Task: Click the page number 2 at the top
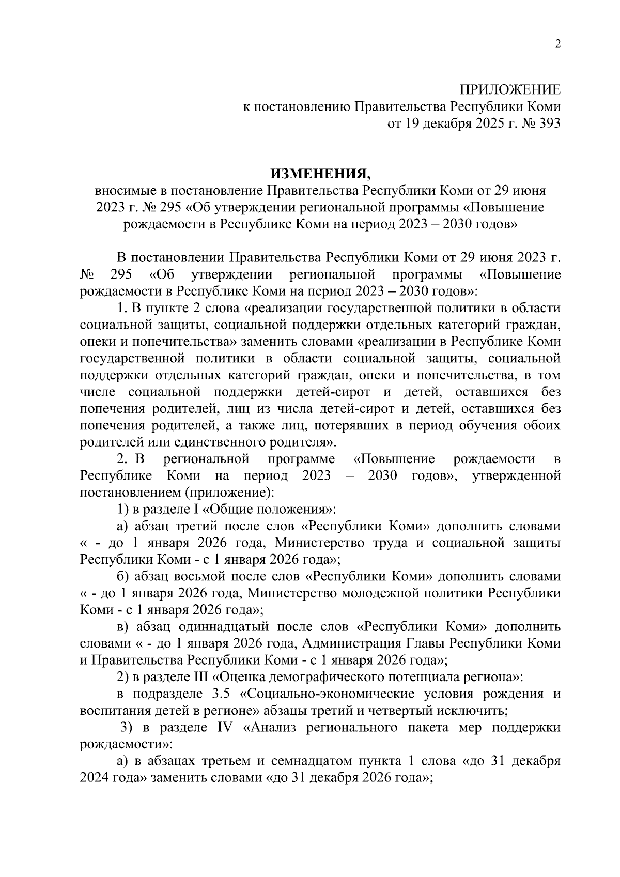coord(557,44)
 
